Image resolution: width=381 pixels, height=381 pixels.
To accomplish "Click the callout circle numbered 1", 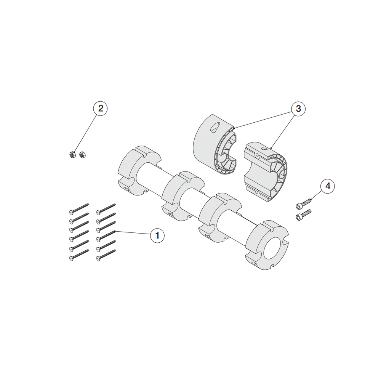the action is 157,235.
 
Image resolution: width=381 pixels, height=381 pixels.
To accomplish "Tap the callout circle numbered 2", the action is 100,108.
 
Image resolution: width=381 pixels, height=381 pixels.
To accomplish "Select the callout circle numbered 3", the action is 298,108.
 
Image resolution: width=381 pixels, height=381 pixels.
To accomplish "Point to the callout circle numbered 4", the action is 328,186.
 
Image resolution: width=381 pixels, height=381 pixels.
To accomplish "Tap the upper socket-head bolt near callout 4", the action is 304,203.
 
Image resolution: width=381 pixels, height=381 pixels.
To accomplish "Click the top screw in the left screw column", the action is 79,209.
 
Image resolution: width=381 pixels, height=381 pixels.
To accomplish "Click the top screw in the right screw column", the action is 106,209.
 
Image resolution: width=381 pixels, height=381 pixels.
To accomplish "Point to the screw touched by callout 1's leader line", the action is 106,236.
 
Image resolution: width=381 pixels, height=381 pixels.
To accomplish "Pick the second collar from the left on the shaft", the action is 184,196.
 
